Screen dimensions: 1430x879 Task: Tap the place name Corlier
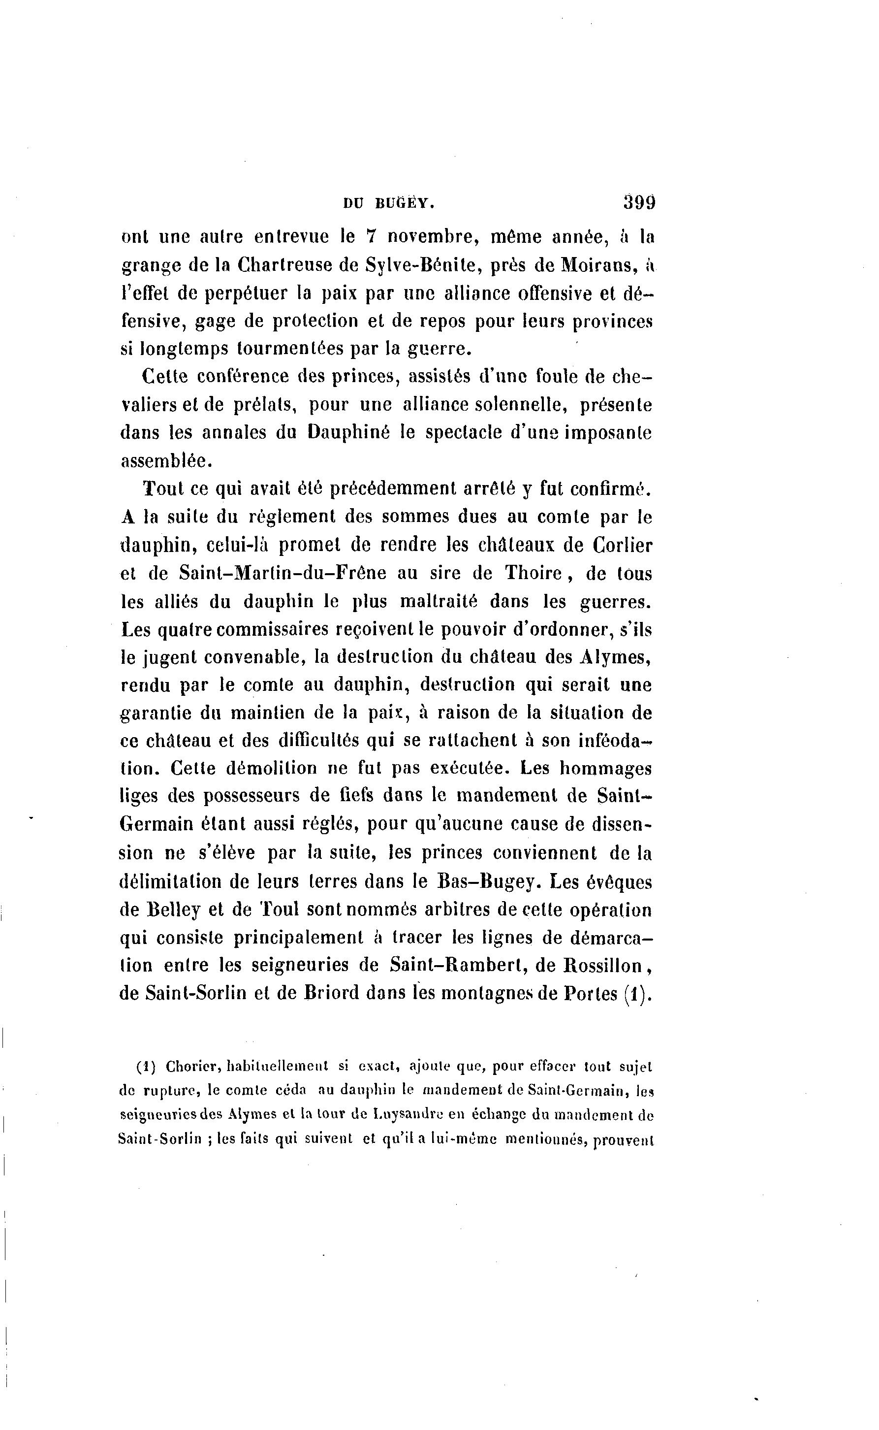[x=623, y=545]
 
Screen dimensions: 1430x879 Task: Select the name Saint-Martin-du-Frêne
[x=283, y=573]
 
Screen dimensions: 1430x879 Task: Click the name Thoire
[x=533, y=573]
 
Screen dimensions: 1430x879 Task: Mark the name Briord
[x=332, y=993]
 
